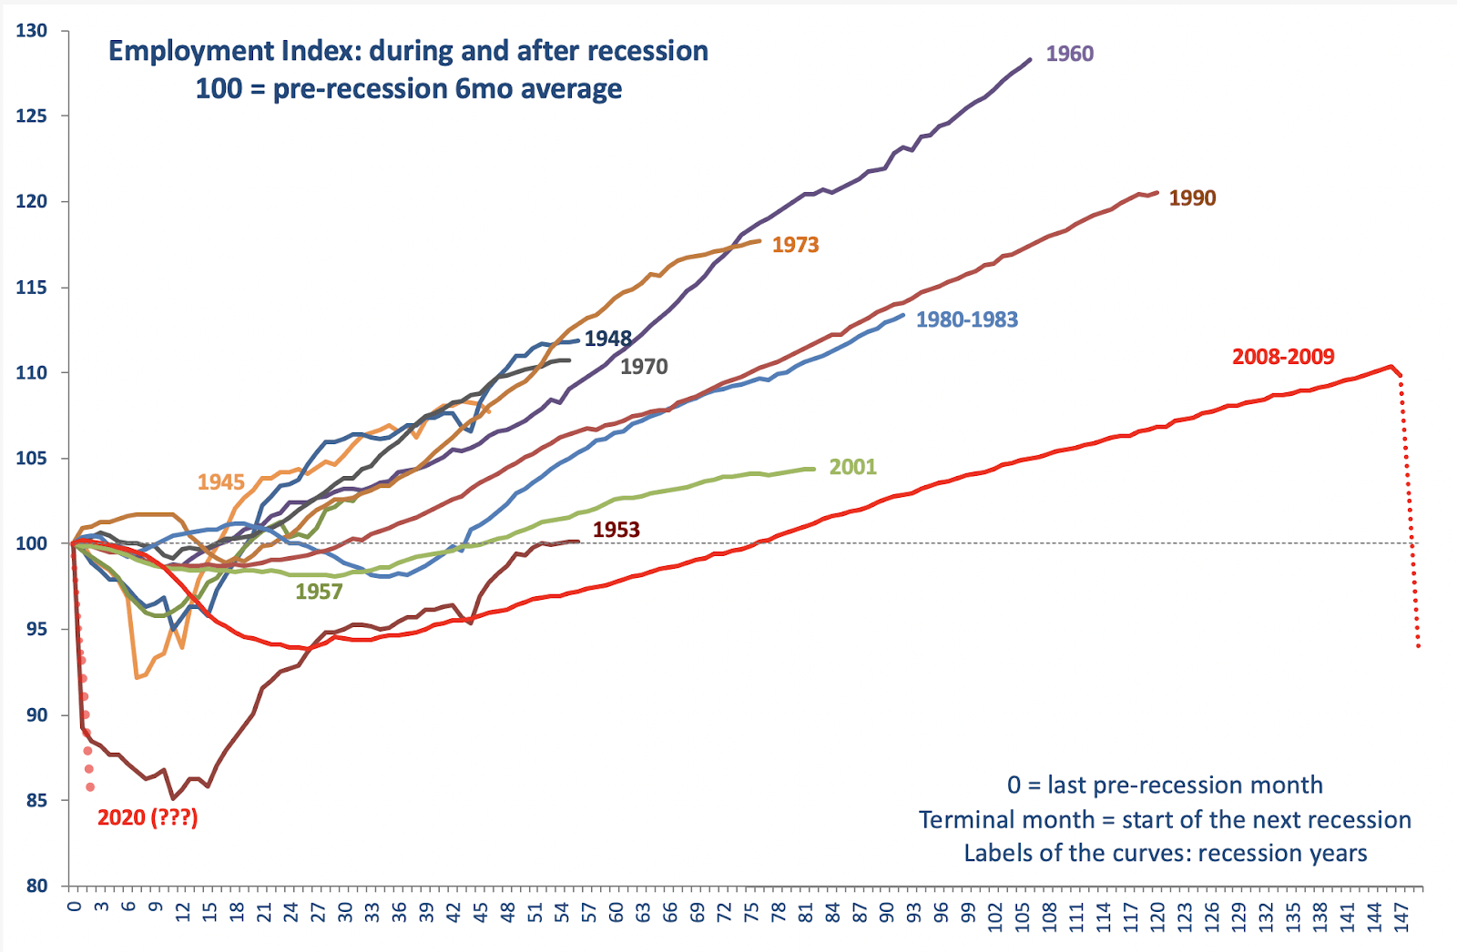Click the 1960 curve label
(1069, 54)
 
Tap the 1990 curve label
(1192, 198)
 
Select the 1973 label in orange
(795, 245)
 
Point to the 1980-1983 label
(966, 319)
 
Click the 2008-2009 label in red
(1282, 357)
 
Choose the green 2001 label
(852, 467)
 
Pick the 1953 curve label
(616, 530)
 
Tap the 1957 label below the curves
(319, 592)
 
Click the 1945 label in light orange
(221, 482)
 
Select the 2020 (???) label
(148, 817)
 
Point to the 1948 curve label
(607, 339)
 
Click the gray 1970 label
(644, 367)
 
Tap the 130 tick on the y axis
(32, 31)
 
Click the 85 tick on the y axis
(36, 801)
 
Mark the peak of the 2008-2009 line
(1391, 367)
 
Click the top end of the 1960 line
(1030, 60)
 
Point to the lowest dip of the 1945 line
(137, 677)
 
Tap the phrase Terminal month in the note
(1006, 820)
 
